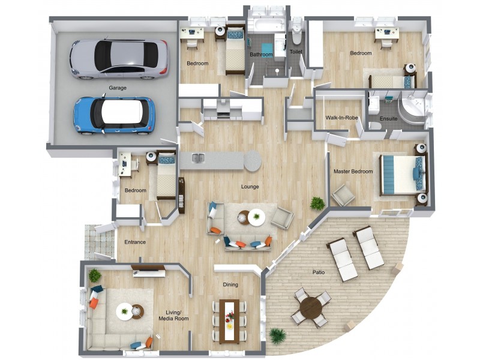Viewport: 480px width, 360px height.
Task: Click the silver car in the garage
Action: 119,59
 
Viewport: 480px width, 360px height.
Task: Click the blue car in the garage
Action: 114,115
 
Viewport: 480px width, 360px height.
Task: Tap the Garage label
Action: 118,88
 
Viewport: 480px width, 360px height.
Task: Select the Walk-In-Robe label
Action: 341,118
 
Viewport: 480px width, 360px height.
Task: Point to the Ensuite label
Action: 388,118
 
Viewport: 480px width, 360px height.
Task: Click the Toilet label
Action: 296,52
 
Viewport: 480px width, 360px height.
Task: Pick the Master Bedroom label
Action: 353,172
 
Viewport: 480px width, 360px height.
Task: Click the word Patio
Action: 319,272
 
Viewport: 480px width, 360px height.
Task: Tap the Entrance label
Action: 135,242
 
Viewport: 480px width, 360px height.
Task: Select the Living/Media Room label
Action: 173,316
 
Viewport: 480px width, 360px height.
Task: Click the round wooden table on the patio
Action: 311,308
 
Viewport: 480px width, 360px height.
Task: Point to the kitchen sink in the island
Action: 199,158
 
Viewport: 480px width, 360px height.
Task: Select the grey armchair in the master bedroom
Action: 343,195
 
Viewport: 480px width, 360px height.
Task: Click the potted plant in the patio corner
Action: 278,337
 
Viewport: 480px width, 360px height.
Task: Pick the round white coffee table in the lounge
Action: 256,217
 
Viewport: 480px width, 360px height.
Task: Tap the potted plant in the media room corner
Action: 95,275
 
